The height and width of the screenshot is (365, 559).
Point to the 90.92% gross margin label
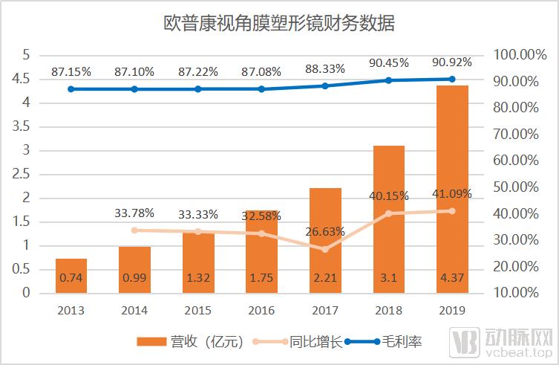pyautogui.click(x=453, y=62)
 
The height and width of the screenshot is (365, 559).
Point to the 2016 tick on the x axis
pyautogui.click(x=261, y=310)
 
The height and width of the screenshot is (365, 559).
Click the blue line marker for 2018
pyautogui.click(x=389, y=80)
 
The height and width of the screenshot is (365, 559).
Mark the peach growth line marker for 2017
pyautogui.click(x=325, y=249)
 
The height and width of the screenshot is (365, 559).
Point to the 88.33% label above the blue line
pyautogui.click(x=325, y=68)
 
